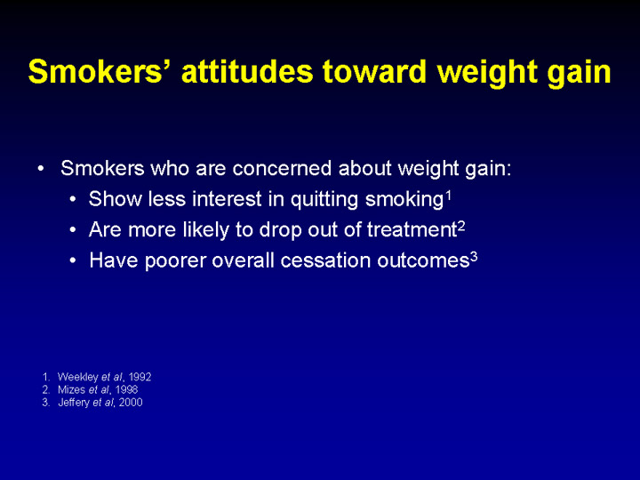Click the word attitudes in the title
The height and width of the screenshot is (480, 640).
pyautogui.click(x=247, y=71)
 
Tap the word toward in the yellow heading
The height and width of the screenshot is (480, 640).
pyautogui.click(x=374, y=71)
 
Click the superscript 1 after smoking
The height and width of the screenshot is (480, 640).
pyautogui.click(x=448, y=196)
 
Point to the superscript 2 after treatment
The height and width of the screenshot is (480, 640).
pyautogui.click(x=460, y=226)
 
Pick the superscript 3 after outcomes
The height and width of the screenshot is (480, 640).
pyautogui.click(x=474, y=257)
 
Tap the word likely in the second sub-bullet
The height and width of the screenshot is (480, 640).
pyautogui.click(x=205, y=229)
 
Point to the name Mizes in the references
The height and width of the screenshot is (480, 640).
pyautogui.click(x=71, y=389)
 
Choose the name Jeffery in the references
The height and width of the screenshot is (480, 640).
pyautogui.click(x=74, y=403)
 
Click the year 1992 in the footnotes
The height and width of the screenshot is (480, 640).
pyautogui.click(x=140, y=377)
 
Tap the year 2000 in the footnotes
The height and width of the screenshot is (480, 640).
pyautogui.click(x=131, y=403)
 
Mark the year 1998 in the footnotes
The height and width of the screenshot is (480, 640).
pyautogui.click(x=126, y=389)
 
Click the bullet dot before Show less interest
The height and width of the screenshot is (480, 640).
pyautogui.click(x=73, y=200)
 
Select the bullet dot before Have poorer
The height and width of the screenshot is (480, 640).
pyautogui.click(x=73, y=260)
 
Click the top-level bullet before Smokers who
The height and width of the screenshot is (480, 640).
pyautogui.click(x=40, y=168)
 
